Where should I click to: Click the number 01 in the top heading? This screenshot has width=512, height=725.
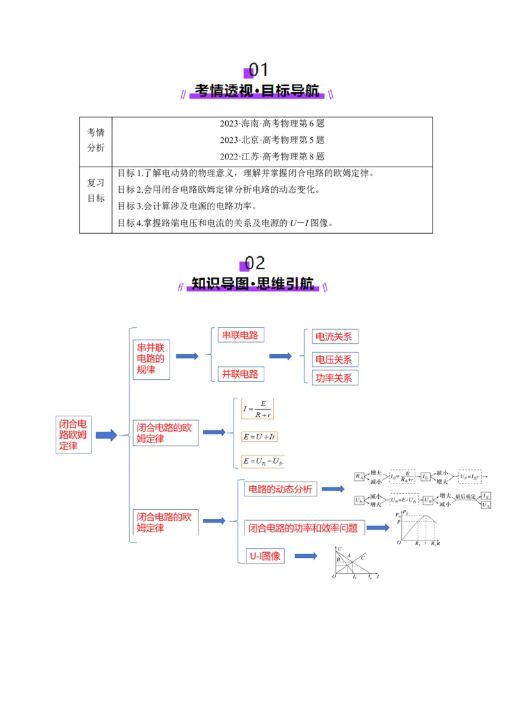click(x=259, y=69)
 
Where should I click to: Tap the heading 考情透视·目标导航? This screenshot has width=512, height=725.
click(x=257, y=91)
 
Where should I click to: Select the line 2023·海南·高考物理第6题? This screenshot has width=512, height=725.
click(x=272, y=124)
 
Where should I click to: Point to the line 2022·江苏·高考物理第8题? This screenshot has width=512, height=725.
click(x=272, y=156)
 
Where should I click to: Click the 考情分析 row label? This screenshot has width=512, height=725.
click(x=96, y=140)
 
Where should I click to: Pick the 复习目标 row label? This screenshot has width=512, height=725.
click(x=96, y=190)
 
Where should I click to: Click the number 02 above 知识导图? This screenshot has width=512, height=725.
click(x=255, y=263)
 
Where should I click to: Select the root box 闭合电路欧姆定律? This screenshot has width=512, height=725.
click(x=73, y=435)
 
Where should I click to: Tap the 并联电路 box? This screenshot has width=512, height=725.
click(x=240, y=374)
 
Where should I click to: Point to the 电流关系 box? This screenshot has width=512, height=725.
click(x=334, y=337)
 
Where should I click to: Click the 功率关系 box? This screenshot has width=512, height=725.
click(x=334, y=378)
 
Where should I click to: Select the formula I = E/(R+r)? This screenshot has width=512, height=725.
click(x=257, y=409)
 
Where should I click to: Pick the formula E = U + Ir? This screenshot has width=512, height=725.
click(x=259, y=437)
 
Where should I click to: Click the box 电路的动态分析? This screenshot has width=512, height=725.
click(x=280, y=489)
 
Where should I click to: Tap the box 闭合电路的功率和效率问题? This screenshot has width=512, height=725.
click(x=305, y=528)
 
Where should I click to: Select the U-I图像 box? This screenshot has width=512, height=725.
click(x=265, y=556)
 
